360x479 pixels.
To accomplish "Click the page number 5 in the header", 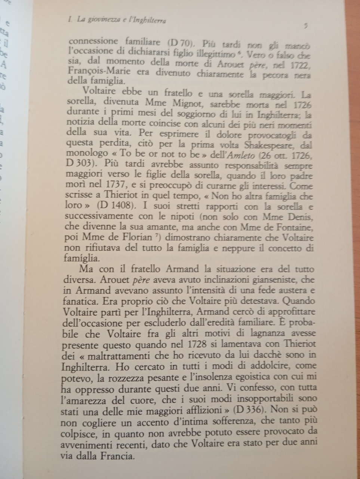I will click(306, 26).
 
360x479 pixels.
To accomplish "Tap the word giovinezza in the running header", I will click(104, 21).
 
